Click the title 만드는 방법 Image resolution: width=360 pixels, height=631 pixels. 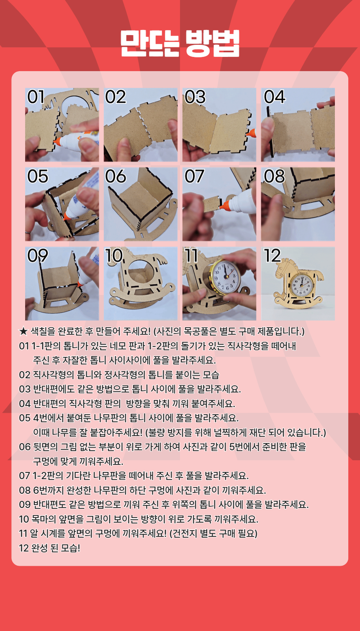click(180, 43)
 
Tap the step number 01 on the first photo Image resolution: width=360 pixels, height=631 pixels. click(36, 97)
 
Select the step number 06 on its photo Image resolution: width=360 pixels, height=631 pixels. click(116, 176)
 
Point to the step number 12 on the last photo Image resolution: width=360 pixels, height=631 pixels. click(272, 256)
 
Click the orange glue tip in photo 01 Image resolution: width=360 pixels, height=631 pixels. click(57, 142)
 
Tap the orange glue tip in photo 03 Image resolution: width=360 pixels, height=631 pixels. click(251, 132)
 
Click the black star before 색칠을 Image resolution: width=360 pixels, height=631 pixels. click(23, 331)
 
